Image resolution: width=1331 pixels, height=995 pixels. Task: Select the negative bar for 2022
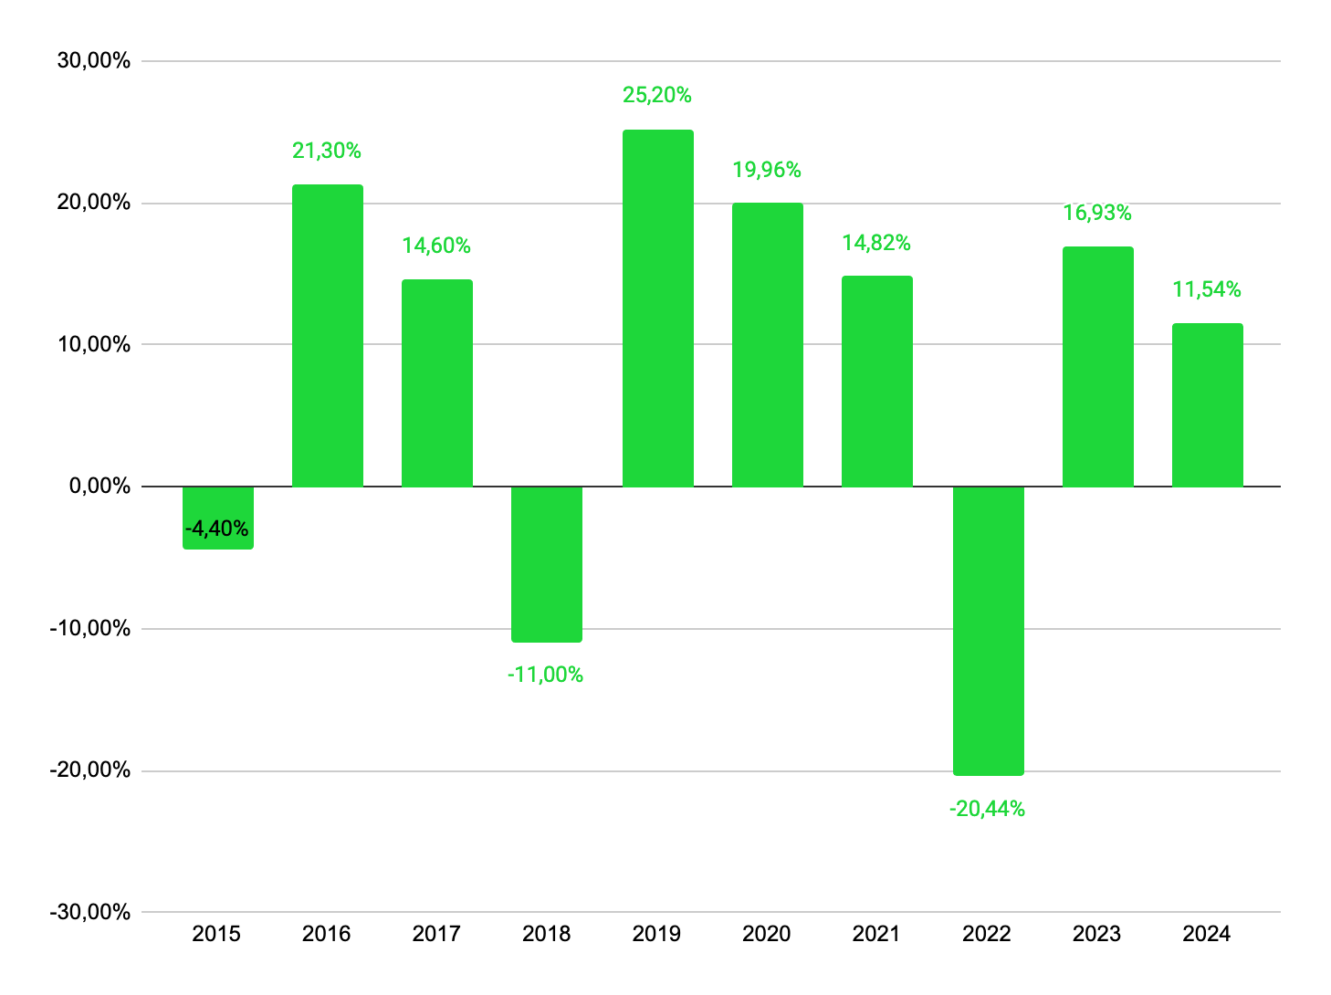988,631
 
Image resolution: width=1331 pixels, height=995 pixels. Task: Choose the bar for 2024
1207,405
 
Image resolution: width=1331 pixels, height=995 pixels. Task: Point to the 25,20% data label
657,95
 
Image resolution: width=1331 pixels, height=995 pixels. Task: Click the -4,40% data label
217,529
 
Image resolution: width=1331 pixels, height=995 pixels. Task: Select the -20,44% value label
987,809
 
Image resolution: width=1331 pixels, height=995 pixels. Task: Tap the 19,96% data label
767,170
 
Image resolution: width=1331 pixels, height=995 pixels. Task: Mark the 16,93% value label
1097,214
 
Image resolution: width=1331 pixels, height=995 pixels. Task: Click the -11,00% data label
545,675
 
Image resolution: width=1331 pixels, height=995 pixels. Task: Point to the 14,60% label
436,246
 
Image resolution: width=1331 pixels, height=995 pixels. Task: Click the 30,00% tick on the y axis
94,61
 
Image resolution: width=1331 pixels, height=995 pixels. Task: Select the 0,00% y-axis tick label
100,487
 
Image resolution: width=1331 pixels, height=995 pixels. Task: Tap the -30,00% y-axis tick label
90,912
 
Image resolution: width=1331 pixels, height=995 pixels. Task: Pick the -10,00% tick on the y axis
90,628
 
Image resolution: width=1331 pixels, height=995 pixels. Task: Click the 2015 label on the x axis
216,934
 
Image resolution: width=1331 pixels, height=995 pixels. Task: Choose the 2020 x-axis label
767,934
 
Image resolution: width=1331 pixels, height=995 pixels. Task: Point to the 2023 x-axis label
1096,934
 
